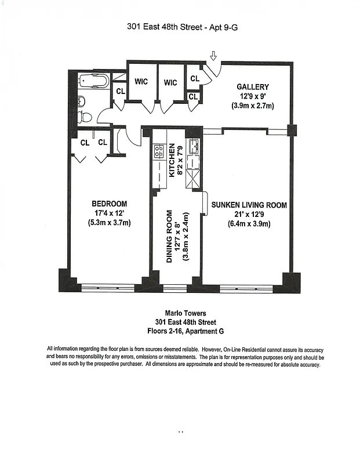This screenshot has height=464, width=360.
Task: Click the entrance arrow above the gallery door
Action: (213, 56)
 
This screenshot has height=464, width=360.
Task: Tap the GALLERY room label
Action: (252, 87)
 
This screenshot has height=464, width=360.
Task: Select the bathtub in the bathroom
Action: (93, 81)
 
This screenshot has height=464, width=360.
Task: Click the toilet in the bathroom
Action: (85, 117)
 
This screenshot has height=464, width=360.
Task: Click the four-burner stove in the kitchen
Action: (158, 152)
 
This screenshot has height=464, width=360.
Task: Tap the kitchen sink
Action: (193, 145)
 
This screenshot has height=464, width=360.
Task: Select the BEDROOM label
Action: (109, 204)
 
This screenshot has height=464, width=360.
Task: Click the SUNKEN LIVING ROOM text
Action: (249, 205)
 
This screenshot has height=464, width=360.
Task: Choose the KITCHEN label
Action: (172, 159)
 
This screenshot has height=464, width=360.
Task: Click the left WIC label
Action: (141, 82)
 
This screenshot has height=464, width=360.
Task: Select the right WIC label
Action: (170, 82)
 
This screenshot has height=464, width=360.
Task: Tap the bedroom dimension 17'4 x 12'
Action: (109, 213)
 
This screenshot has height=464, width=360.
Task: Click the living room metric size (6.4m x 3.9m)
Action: (249, 224)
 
